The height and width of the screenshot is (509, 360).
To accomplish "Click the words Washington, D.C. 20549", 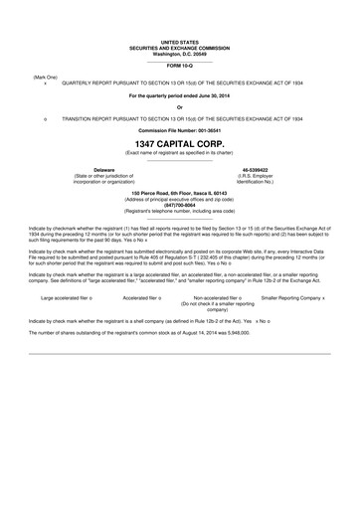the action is pyautogui.click(x=180, y=52).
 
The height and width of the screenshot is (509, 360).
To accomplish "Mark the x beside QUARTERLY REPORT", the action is pyautogui.click(x=46, y=84).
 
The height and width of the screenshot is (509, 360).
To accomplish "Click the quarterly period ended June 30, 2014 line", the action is pyautogui.click(x=180, y=95).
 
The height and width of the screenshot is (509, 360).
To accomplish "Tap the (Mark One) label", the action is pyautogui.click(x=45, y=77).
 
